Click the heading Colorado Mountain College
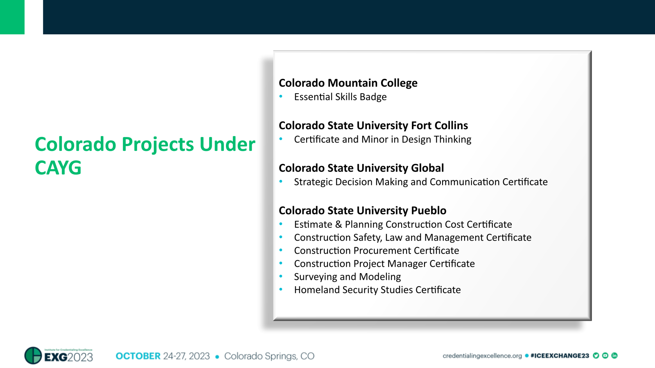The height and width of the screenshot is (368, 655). (348, 83)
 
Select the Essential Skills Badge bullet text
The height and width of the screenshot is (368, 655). (340, 97)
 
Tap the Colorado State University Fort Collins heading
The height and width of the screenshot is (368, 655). (373, 126)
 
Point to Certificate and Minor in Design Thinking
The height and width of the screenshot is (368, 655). (382, 139)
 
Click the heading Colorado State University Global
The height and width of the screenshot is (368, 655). (361, 168)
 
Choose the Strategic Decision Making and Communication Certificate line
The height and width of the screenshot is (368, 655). (420, 182)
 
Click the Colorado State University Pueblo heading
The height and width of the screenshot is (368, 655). (362, 211)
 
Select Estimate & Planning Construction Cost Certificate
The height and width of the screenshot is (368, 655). (403, 224)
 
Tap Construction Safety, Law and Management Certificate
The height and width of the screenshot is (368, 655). (413, 238)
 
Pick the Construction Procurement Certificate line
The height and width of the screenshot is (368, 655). (376, 251)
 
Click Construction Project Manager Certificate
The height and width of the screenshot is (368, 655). (384, 264)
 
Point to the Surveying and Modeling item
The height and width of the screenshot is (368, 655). (347, 277)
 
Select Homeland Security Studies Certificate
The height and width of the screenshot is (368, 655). (377, 290)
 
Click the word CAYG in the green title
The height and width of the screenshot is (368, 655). (58, 168)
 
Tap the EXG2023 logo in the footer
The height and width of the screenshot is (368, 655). (59, 356)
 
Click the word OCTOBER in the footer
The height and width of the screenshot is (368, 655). (138, 356)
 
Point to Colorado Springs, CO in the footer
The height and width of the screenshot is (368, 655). (269, 356)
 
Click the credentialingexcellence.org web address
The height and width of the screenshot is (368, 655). (482, 356)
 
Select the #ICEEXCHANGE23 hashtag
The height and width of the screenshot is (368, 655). (559, 356)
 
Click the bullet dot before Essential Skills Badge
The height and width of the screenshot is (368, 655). (281, 96)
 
